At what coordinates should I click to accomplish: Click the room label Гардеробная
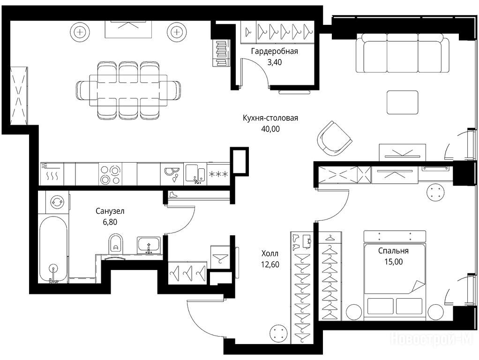[274, 52]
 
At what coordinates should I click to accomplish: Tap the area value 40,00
[270, 129]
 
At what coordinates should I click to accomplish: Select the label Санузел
[110, 211]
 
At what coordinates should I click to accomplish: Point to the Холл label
[270, 253]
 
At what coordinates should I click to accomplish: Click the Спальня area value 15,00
[394, 262]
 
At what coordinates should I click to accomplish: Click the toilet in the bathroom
[115, 243]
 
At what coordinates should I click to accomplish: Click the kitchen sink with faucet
[195, 173]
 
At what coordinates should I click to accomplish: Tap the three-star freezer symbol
[218, 174]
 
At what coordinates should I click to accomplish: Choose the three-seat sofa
[403, 52]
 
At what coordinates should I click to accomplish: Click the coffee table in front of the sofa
[402, 102]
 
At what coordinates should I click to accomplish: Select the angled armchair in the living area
[334, 139]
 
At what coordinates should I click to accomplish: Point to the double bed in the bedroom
[394, 275]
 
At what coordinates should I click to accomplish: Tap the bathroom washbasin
[149, 245]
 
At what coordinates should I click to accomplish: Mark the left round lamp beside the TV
[80, 31]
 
